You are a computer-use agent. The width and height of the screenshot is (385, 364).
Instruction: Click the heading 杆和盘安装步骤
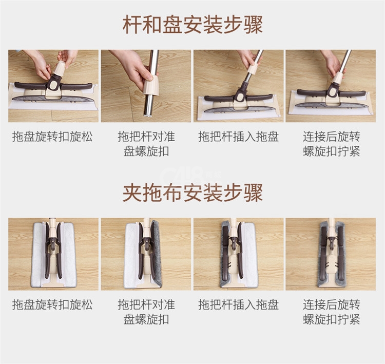tap(192, 25)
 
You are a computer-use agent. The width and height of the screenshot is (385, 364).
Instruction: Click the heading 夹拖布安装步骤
tap(192, 193)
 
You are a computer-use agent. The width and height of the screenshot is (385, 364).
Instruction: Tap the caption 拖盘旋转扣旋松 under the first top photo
tap(52, 137)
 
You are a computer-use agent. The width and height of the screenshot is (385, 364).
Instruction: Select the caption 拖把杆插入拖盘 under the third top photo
tap(238, 137)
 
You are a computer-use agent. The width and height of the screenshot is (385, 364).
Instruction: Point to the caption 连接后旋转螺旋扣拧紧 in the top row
tap(332, 144)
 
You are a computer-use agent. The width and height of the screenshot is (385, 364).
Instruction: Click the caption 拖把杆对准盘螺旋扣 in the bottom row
tap(146, 312)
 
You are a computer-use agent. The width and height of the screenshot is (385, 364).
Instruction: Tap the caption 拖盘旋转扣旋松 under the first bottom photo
tap(52, 304)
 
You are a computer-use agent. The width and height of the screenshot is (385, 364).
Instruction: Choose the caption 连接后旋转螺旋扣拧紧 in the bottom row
tap(332, 312)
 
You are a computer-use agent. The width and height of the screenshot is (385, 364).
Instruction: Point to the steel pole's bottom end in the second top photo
tap(148, 115)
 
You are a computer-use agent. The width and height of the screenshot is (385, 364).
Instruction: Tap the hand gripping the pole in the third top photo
tap(248, 60)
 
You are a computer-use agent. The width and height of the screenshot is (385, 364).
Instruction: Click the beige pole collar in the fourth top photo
tap(337, 78)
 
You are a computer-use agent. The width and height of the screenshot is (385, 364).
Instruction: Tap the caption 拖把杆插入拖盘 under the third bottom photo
tap(238, 304)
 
